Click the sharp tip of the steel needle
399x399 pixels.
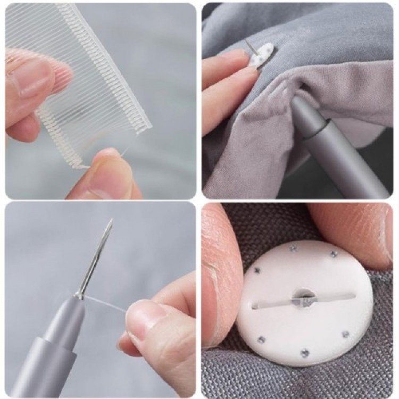click(x=111, y=220)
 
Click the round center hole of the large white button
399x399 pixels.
click(x=303, y=295)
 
